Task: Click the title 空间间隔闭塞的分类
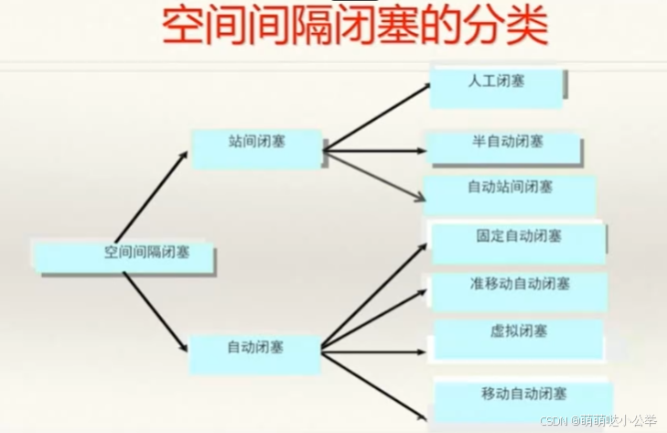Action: [355, 27]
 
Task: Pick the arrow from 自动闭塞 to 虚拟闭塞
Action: [375, 348]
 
